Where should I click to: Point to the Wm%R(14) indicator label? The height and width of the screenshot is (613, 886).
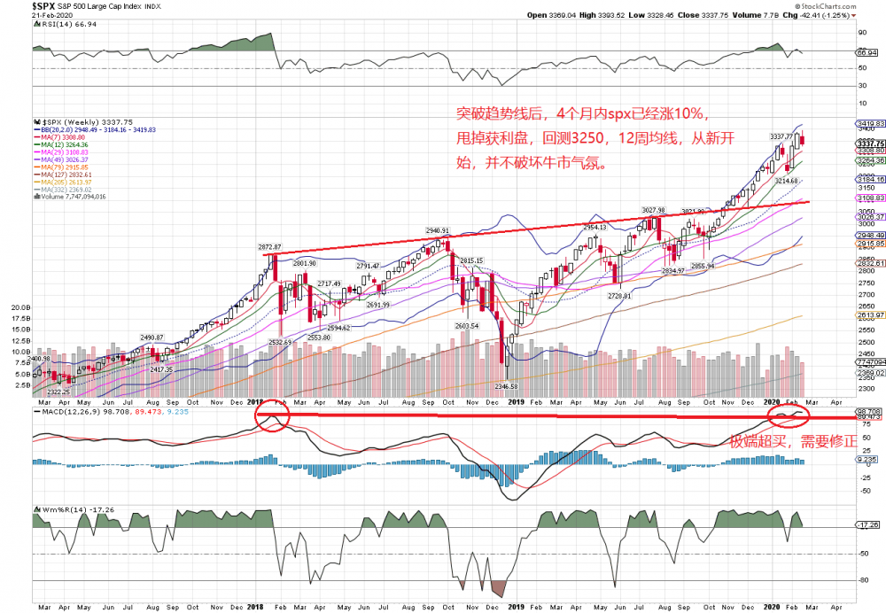click(x=66, y=509)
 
